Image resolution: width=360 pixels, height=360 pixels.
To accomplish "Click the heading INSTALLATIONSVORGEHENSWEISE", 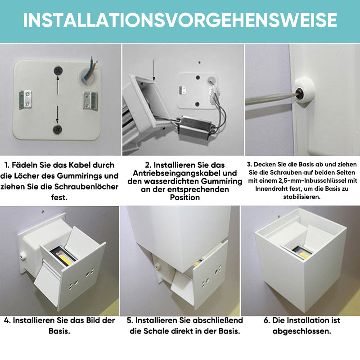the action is [x=180, y=20].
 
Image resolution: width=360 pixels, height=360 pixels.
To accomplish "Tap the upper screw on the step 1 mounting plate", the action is [x=58, y=71].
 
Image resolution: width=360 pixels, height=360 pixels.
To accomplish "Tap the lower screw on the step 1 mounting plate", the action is [x=58, y=129].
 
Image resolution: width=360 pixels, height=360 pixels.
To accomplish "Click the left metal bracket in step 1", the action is [x=25, y=100].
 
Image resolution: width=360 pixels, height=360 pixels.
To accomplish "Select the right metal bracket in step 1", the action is [x=91, y=100].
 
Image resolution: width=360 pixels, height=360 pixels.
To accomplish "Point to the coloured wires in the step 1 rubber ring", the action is [x=91, y=68].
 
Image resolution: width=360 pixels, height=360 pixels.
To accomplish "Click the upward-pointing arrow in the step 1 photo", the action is [x=58, y=85].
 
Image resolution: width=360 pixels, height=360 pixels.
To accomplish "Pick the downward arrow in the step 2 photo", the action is [x=154, y=71].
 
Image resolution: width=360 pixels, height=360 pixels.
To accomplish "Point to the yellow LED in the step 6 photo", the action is [x=303, y=255].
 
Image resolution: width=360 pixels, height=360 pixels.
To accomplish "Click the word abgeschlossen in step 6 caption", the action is [x=301, y=331].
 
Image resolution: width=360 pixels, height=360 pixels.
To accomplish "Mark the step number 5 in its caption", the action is [x=129, y=320].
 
